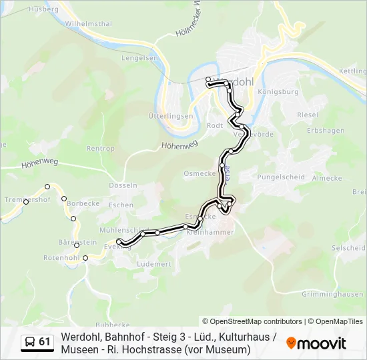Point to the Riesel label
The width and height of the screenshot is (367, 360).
tap(308, 115)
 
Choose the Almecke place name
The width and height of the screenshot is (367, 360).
tap(327, 178)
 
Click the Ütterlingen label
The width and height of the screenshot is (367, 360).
tap(171, 116)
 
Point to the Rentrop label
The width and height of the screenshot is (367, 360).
tap(101, 148)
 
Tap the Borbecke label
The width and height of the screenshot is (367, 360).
tap(83, 202)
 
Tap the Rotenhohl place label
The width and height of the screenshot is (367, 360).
tap(61, 257)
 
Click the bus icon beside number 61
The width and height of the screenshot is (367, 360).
tap(30, 342)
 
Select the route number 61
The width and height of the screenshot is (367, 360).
tap(45, 342)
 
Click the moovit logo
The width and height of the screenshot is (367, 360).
tap(316, 343)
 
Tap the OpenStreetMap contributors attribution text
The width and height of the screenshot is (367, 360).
tap(252, 321)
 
